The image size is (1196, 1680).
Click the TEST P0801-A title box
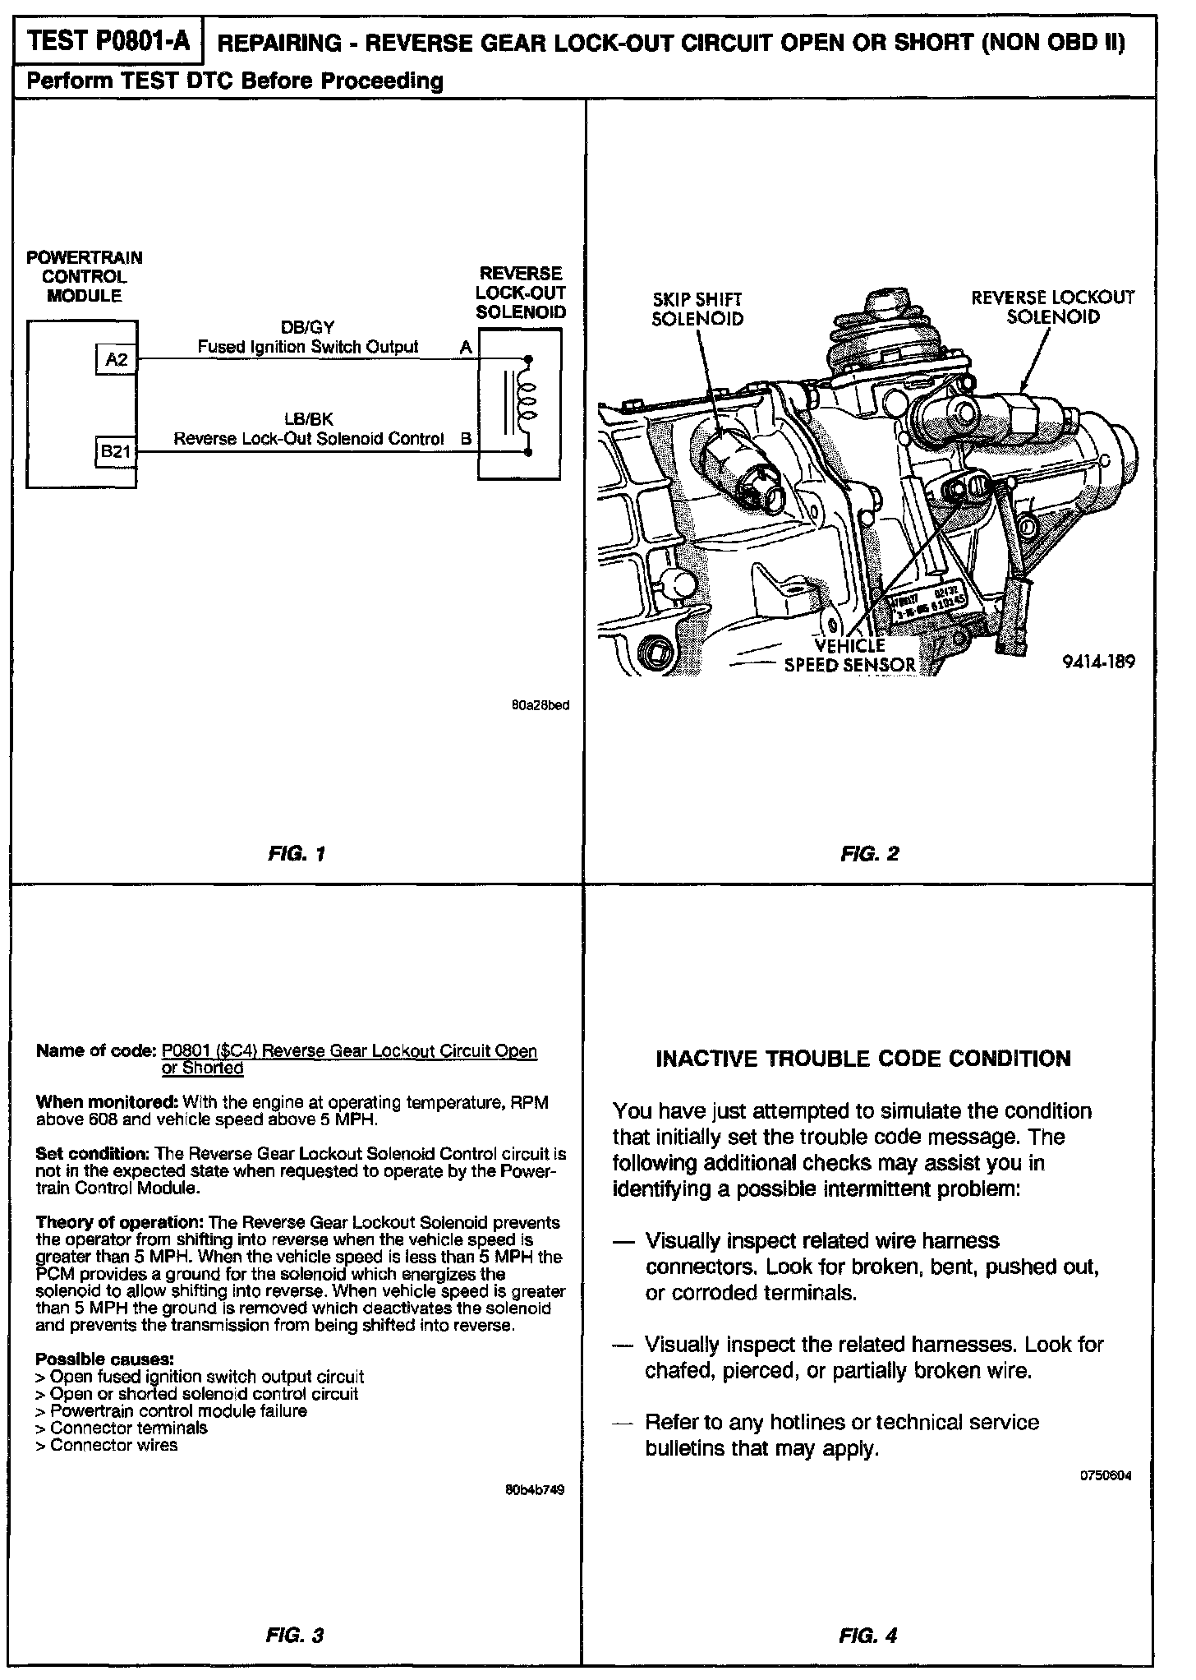[108, 41]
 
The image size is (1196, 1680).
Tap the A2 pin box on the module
[116, 358]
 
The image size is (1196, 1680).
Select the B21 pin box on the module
[116, 450]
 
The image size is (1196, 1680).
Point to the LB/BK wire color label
[308, 420]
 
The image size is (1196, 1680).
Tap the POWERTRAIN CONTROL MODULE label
[84, 277]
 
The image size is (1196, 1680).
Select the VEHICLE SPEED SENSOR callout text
[849, 655]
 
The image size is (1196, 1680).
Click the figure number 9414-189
[1098, 661]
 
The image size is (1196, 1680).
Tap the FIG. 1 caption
[297, 854]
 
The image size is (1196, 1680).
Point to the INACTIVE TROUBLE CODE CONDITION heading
[862, 1058]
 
